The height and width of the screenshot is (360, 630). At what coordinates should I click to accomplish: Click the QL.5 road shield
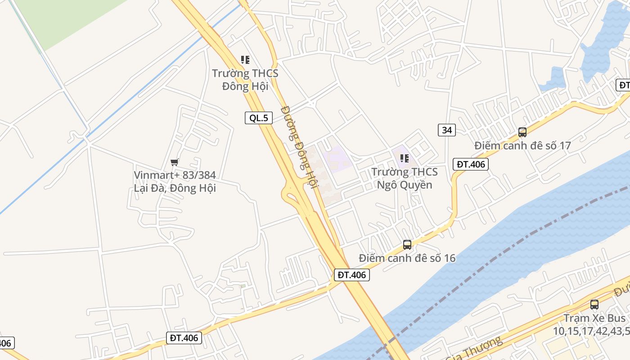(259, 118)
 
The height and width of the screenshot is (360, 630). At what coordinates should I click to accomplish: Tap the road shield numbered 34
(447, 130)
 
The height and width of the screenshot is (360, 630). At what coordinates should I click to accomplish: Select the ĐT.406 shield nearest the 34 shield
(471, 164)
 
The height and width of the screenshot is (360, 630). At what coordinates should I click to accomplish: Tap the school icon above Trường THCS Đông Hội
(245, 59)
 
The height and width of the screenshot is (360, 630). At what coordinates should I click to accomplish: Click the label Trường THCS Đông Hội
(245, 79)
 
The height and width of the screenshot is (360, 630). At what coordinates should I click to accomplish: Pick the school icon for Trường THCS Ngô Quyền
(404, 158)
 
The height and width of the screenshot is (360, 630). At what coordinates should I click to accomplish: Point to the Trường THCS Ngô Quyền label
(404, 178)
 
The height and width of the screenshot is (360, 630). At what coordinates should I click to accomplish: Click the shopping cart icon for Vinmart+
(175, 162)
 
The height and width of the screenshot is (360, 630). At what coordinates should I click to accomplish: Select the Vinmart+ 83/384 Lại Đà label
(175, 181)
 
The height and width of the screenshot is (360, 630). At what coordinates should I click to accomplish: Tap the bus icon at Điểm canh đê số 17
(522, 132)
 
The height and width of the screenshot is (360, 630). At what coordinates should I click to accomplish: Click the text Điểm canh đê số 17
(522, 146)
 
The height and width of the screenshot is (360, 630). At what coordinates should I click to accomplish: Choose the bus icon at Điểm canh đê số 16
(407, 245)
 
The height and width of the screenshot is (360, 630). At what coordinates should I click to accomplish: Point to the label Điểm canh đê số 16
(407, 258)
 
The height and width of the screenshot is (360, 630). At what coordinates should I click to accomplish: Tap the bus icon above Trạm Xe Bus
(594, 305)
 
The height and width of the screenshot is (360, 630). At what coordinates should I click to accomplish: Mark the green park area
(67, 18)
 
